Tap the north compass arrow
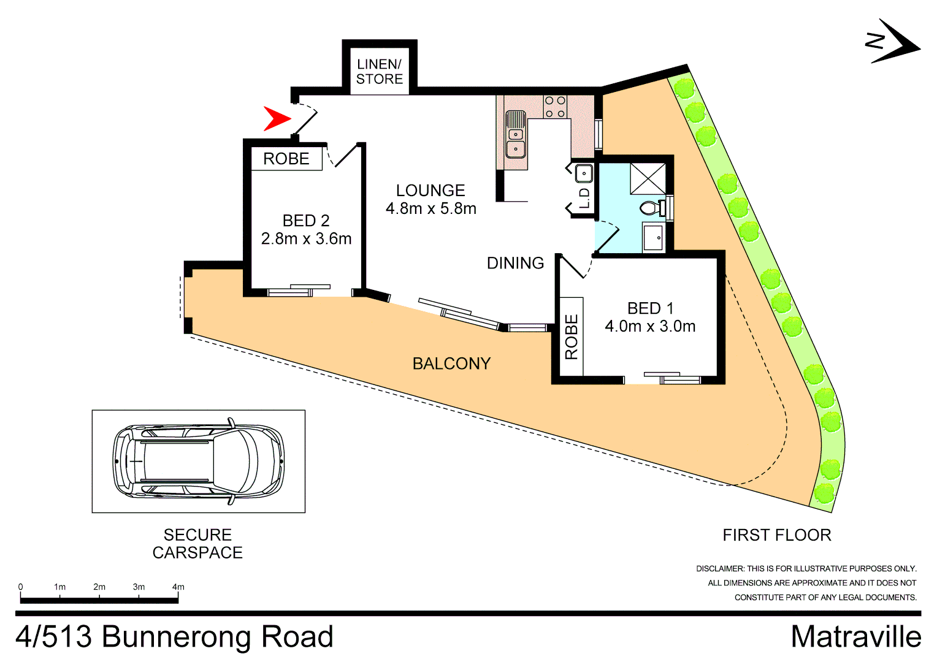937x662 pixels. click(893, 42)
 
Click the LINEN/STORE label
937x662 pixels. click(380, 72)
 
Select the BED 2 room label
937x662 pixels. click(306, 221)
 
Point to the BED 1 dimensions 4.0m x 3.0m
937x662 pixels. click(650, 326)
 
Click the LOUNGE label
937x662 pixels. click(430, 191)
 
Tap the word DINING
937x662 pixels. click(515, 263)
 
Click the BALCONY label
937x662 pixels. click(451, 363)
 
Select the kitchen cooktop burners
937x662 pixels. click(555, 107)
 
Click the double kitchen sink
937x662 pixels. click(516, 134)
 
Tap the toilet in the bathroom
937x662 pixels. click(652, 208)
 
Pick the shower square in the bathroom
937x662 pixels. click(648, 178)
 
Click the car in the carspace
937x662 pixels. click(199, 461)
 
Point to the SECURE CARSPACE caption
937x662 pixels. click(197, 544)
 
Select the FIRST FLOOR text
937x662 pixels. click(777, 535)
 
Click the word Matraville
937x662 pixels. click(856, 637)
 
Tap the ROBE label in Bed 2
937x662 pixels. click(286, 159)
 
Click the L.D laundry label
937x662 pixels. click(584, 198)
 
